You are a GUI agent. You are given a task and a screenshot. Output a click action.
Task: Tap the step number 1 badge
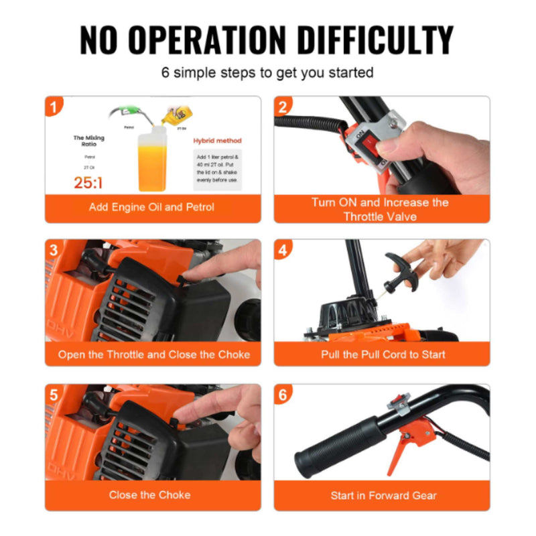pos(54,106)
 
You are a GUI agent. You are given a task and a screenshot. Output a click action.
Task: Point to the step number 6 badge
pos(283,395)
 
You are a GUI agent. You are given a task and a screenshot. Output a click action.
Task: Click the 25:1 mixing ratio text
pos(88,183)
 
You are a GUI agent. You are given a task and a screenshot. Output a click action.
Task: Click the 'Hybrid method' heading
pos(217,141)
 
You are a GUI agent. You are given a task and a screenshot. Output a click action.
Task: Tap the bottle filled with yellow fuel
pos(151,161)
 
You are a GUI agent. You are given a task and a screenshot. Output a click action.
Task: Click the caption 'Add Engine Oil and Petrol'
pos(152,208)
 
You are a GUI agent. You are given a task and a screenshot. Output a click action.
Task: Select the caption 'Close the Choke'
pos(150,495)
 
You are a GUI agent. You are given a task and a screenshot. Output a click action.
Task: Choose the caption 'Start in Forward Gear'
pos(383,496)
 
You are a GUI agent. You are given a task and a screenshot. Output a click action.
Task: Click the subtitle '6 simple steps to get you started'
pos(267,72)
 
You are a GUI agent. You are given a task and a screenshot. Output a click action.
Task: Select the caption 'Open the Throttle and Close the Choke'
pos(153,354)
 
